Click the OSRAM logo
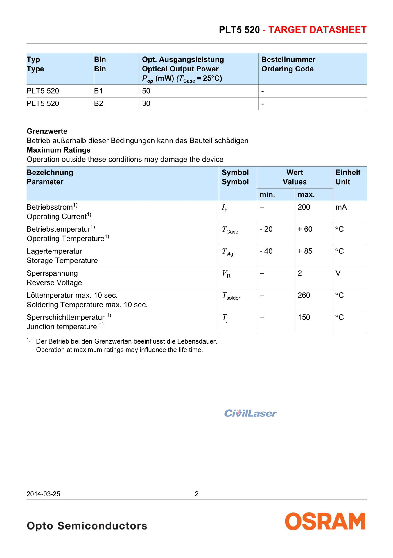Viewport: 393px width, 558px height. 325,521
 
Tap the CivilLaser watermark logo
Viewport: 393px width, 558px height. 250,413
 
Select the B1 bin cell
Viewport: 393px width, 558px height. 99,91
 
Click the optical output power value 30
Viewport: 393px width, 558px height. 146,103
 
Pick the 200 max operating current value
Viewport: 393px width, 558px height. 304,207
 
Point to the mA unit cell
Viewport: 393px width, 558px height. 341,207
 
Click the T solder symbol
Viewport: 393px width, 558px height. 231,296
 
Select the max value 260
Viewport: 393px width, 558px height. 304,295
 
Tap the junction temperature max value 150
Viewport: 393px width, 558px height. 304,317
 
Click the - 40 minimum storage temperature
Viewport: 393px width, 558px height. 266,251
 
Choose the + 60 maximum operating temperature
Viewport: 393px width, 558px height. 305,229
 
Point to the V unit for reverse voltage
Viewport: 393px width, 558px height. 338,273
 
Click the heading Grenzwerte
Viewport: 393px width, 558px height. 47,131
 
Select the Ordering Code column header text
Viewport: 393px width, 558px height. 288,69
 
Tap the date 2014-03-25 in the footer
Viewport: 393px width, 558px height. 43,494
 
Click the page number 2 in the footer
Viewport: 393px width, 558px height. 197,494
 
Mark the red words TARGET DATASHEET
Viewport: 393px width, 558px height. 317,30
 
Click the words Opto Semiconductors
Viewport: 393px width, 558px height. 87,526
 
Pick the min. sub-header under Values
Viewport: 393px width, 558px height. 267,194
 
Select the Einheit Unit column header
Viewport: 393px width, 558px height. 348,177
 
